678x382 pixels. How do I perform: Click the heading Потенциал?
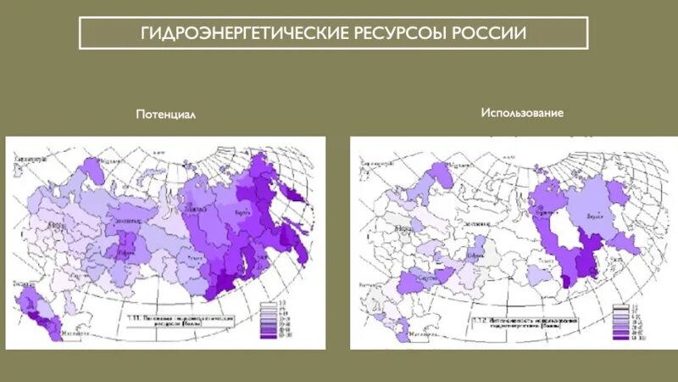(x=166, y=115)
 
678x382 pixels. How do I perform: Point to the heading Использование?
(x=522, y=112)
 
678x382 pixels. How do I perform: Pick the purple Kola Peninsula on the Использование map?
(x=439, y=177)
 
